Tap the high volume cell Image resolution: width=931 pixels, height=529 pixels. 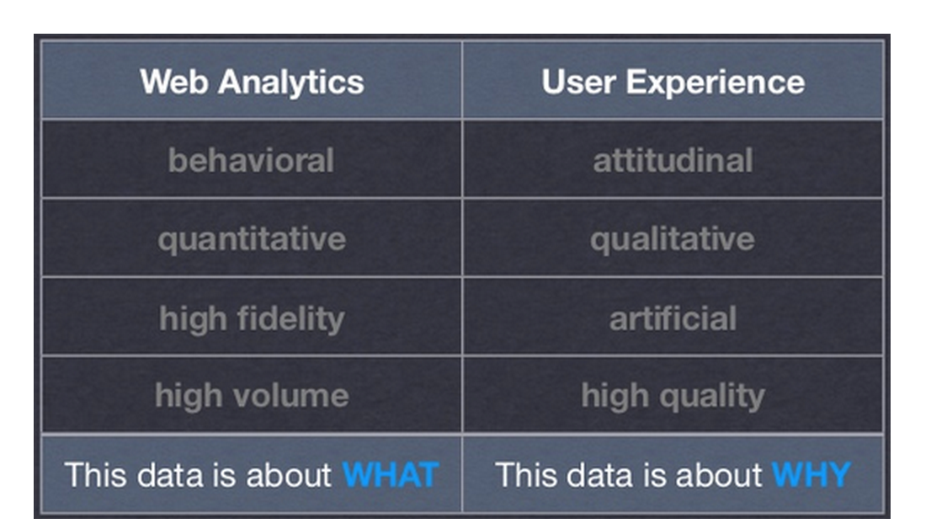pos(252,396)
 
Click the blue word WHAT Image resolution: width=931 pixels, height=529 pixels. pos(391,475)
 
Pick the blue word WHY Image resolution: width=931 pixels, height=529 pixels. pos(811,475)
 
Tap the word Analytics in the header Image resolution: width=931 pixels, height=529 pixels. pos(291,82)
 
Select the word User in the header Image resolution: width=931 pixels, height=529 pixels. pos(578,82)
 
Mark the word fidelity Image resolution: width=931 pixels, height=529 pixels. pos(290,319)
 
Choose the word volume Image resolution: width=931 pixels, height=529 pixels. pos(290,396)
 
